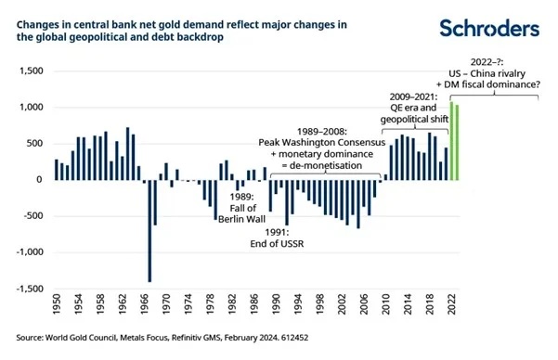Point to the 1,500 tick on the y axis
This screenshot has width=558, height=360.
(x=31, y=71)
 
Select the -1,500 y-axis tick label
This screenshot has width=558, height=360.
(x=29, y=289)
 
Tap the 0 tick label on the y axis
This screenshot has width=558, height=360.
(x=40, y=180)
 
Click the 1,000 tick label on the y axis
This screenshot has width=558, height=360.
(x=31, y=108)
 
